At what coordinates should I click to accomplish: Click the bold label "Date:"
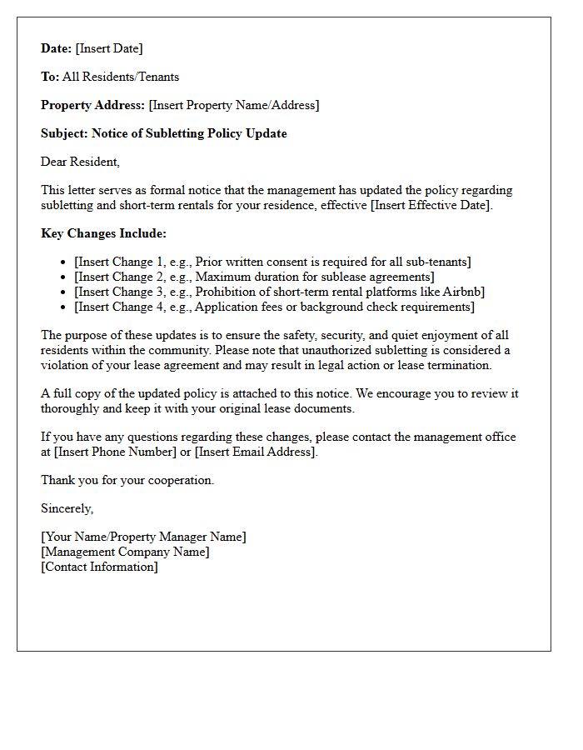[57, 48]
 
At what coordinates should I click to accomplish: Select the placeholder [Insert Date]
[109, 48]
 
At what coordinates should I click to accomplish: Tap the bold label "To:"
[50, 77]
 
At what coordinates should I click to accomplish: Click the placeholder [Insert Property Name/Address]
[234, 105]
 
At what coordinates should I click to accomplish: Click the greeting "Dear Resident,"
[80, 162]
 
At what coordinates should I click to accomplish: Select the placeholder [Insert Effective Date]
[431, 205]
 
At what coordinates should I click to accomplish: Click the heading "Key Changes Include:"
[103, 233]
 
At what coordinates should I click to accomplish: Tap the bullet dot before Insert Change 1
[63, 262]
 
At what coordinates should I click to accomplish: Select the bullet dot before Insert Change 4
[63, 307]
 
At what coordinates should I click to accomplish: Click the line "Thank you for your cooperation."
[127, 480]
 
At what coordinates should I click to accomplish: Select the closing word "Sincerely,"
[67, 508]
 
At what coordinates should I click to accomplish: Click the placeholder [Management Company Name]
[125, 552]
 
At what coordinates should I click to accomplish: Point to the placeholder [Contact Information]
[99, 567]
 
